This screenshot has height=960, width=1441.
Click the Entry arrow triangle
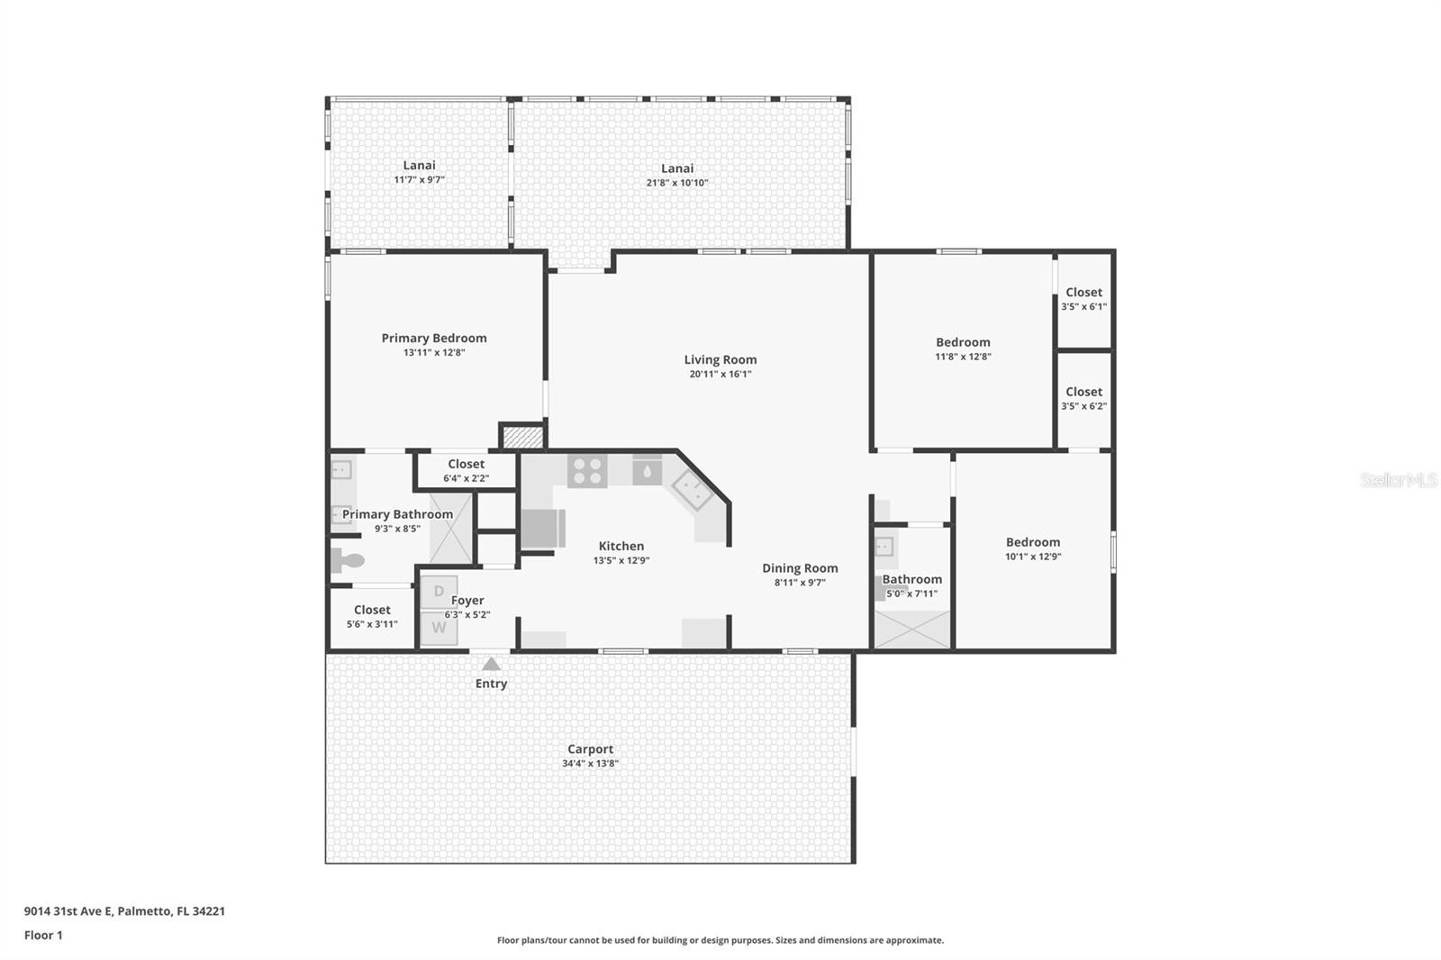[x=491, y=664]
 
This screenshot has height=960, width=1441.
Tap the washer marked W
[x=439, y=628]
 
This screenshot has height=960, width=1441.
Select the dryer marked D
[x=439, y=592]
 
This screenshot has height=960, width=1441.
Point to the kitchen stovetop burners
[x=586, y=471]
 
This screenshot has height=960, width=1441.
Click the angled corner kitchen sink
[x=692, y=490]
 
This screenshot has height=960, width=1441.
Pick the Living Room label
[x=720, y=359]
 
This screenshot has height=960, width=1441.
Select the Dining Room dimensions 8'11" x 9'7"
[x=800, y=583]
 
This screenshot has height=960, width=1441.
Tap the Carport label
[x=590, y=749]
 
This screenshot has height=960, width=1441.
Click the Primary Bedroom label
[x=433, y=338]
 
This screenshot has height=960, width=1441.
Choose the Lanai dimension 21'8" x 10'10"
[x=676, y=183]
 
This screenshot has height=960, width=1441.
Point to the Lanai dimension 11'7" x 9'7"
[x=419, y=179]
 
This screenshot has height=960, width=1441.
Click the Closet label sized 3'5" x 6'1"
[x=1083, y=292]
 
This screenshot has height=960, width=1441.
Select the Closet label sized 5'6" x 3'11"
[x=372, y=610]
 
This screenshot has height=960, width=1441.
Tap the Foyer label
[x=467, y=601]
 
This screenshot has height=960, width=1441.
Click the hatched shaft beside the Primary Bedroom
[x=522, y=437]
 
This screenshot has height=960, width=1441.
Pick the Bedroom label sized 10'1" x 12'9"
[x=1032, y=542]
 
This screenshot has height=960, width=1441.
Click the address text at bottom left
[x=125, y=911]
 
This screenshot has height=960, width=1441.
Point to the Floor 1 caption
[x=43, y=935]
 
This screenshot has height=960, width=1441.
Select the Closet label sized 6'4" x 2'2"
[x=466, y=464]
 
